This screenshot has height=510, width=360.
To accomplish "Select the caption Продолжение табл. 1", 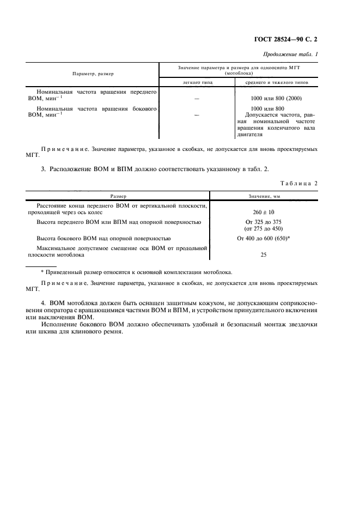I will coord(291,54).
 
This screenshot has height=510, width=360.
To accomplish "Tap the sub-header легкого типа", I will coord(197,83).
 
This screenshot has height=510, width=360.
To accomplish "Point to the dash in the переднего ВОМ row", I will coord(197,98).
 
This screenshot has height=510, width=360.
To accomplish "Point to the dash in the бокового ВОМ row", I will coord(197,115).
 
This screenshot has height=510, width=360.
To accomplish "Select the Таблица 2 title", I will coord(299,184).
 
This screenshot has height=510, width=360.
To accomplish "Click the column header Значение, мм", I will coord(264,196).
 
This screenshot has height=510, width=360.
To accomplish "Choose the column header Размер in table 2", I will coord(119,196).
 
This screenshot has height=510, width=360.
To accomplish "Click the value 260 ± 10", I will coord(264,211).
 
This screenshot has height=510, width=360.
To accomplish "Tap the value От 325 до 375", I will coord(264,222).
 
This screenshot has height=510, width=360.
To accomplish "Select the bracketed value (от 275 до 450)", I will coord(264,229).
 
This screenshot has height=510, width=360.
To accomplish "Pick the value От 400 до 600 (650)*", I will coord(264,239).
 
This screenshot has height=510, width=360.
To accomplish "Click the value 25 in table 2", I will coord(264,254).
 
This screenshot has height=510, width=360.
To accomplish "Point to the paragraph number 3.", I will coord(43,169).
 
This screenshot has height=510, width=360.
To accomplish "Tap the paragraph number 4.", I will coord(43,302).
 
